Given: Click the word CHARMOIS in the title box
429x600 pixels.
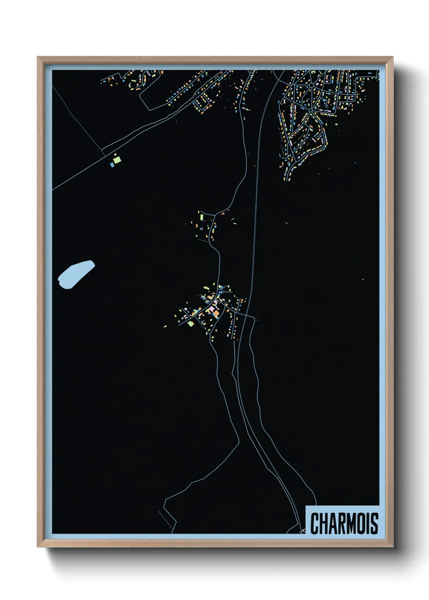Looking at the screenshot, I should [344, 523].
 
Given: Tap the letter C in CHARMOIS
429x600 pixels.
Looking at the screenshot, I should [315, 523].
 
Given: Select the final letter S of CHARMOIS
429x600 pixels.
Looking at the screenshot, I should [374, 523].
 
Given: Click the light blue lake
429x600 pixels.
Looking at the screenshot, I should [75, 274].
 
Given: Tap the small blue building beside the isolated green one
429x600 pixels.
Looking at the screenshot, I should [112, 165].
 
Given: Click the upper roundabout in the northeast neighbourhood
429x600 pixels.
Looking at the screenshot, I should [311, 86].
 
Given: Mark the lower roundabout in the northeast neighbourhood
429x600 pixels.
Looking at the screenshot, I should [311, 110].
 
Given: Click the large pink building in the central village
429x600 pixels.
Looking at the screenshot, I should [212, 310].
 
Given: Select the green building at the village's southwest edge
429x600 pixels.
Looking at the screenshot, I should [191, 323].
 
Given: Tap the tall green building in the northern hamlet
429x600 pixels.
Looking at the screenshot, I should [201, 217].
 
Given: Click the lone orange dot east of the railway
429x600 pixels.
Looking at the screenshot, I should [363, 279].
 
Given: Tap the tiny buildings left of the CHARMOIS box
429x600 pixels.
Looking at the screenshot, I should [302, 530].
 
